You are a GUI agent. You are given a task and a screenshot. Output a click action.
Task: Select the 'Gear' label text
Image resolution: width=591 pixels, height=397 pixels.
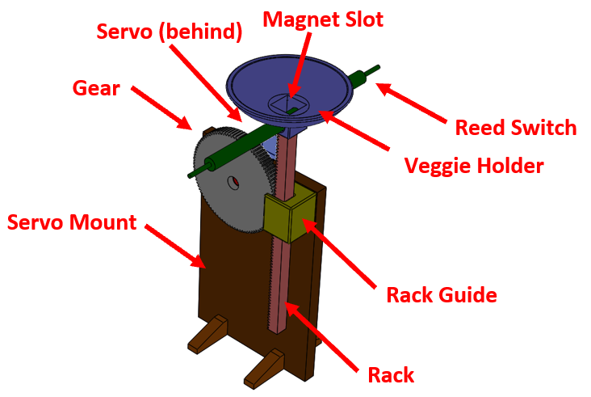(x=96, y=87)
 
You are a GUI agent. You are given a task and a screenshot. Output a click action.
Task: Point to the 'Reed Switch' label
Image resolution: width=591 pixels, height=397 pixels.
(x=516, y=127)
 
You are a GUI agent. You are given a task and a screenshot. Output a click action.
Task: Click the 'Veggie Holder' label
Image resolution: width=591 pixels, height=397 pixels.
(x=473, y=166)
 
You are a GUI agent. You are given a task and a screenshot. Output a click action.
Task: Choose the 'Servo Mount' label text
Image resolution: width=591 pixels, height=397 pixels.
(x=72, y=222)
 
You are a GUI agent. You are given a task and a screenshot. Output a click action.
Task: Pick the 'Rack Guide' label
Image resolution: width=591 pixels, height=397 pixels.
(x=441, y=294)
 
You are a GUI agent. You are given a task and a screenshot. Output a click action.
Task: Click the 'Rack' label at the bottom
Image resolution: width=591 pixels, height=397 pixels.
(x=391, y=374)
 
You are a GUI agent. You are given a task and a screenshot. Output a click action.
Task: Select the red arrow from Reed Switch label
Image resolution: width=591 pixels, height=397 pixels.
(x=413, y=101)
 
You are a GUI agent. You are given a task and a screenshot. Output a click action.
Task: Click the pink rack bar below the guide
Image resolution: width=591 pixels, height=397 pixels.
(x=277, y=283)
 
